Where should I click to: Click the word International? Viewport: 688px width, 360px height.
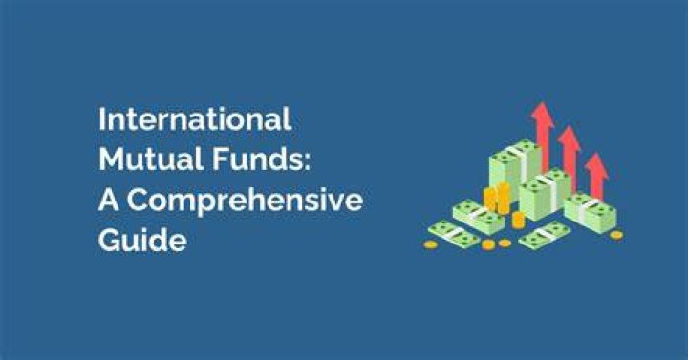(195, 118)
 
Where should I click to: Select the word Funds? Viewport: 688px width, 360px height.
(257, 159)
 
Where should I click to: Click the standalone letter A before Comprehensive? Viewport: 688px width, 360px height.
(109, 200)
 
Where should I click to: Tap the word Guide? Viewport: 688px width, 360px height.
(142, 240)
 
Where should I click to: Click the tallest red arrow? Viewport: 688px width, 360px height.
(544, 137)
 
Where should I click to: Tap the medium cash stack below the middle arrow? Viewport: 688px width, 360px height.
(545, 194)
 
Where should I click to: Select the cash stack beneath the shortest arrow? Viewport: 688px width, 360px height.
(591, 211)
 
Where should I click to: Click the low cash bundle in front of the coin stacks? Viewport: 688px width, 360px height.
(479, 215)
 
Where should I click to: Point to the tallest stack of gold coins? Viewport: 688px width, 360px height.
(504, 199)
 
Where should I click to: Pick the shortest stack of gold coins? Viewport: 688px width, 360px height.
(518, 221)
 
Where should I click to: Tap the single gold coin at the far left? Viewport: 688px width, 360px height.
(430, 244)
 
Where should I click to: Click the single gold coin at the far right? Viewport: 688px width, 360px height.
(616, 235)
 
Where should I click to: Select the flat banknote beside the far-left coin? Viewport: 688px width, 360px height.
(454, 234)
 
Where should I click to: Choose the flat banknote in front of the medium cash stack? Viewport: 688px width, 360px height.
(545, 236)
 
